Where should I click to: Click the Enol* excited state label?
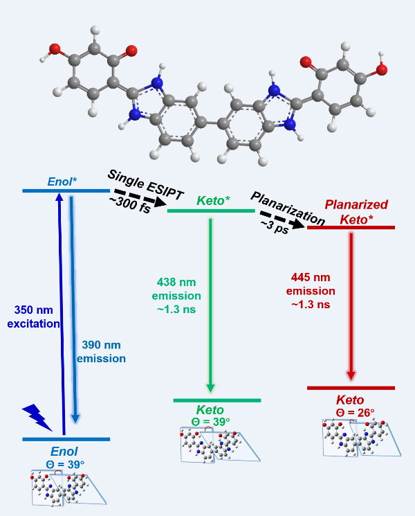tap(62, 181)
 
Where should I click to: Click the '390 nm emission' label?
tap(101, 352)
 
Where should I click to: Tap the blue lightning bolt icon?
tap(37, 417)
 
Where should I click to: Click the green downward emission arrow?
tap(210, 305)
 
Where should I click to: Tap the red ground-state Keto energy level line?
tap(351, 388)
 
